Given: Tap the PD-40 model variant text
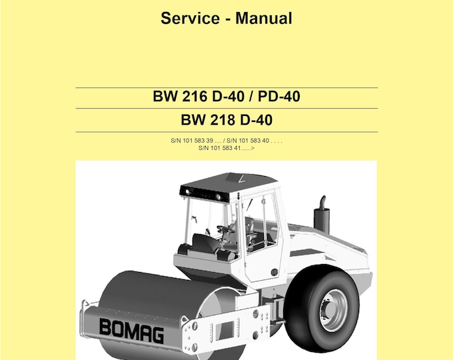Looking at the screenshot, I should pos(278,97).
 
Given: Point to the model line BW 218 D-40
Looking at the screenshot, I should pos(226,121).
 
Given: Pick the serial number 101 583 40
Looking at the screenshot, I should pos(254,141).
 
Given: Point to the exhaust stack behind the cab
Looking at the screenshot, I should pos(321,215).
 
